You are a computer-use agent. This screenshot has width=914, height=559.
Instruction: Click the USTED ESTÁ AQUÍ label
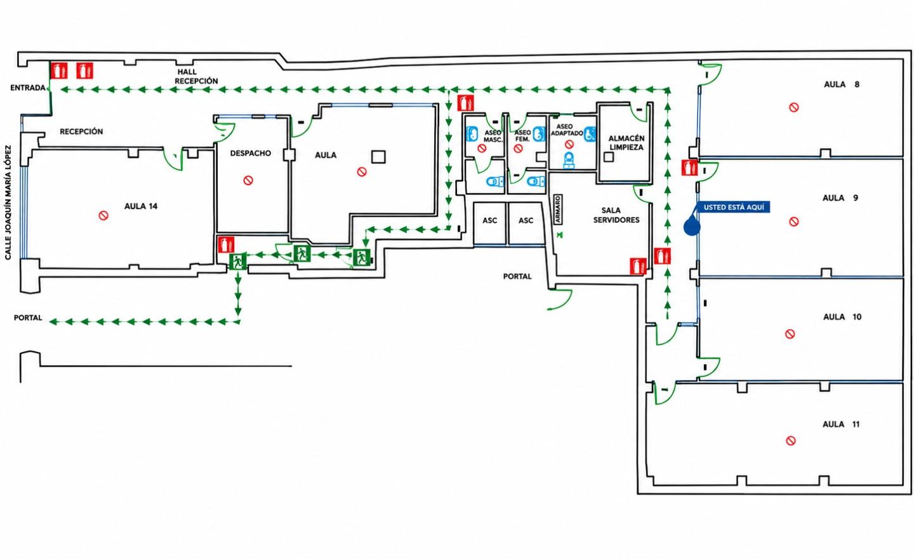[734, 207]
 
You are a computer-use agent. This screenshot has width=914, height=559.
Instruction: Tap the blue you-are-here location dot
[692, 227]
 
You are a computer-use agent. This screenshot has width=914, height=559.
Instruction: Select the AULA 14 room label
[141, 206]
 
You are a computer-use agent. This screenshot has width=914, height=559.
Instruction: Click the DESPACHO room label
[251, 153]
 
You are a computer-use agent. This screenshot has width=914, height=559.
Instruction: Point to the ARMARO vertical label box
[558, 210]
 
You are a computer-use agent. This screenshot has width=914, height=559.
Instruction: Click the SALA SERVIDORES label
[616, 215]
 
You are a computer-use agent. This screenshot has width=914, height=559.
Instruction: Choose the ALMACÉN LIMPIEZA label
[626, 142]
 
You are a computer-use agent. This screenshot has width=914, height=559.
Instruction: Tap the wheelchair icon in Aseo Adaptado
[590, 133]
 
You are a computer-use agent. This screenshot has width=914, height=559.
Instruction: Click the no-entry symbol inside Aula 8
[793, 107]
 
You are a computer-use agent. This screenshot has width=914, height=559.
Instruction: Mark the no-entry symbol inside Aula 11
[791, 441]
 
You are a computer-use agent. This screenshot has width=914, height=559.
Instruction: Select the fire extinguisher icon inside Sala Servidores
[638, 266]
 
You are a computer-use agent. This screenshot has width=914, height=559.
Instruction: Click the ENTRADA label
[28, 88]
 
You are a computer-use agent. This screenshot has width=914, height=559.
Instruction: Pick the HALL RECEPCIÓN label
[196, 76]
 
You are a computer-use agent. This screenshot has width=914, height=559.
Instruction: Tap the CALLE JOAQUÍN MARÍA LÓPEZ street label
[8, 203]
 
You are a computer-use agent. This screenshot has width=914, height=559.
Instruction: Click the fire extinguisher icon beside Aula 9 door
[689, 168]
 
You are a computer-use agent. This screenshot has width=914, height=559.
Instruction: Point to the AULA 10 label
[842, 317]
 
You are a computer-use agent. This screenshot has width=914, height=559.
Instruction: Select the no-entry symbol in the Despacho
[248, 180]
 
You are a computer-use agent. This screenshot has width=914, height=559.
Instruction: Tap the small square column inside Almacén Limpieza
[609, 157]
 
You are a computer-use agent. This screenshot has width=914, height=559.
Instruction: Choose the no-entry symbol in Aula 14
[103, 215]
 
